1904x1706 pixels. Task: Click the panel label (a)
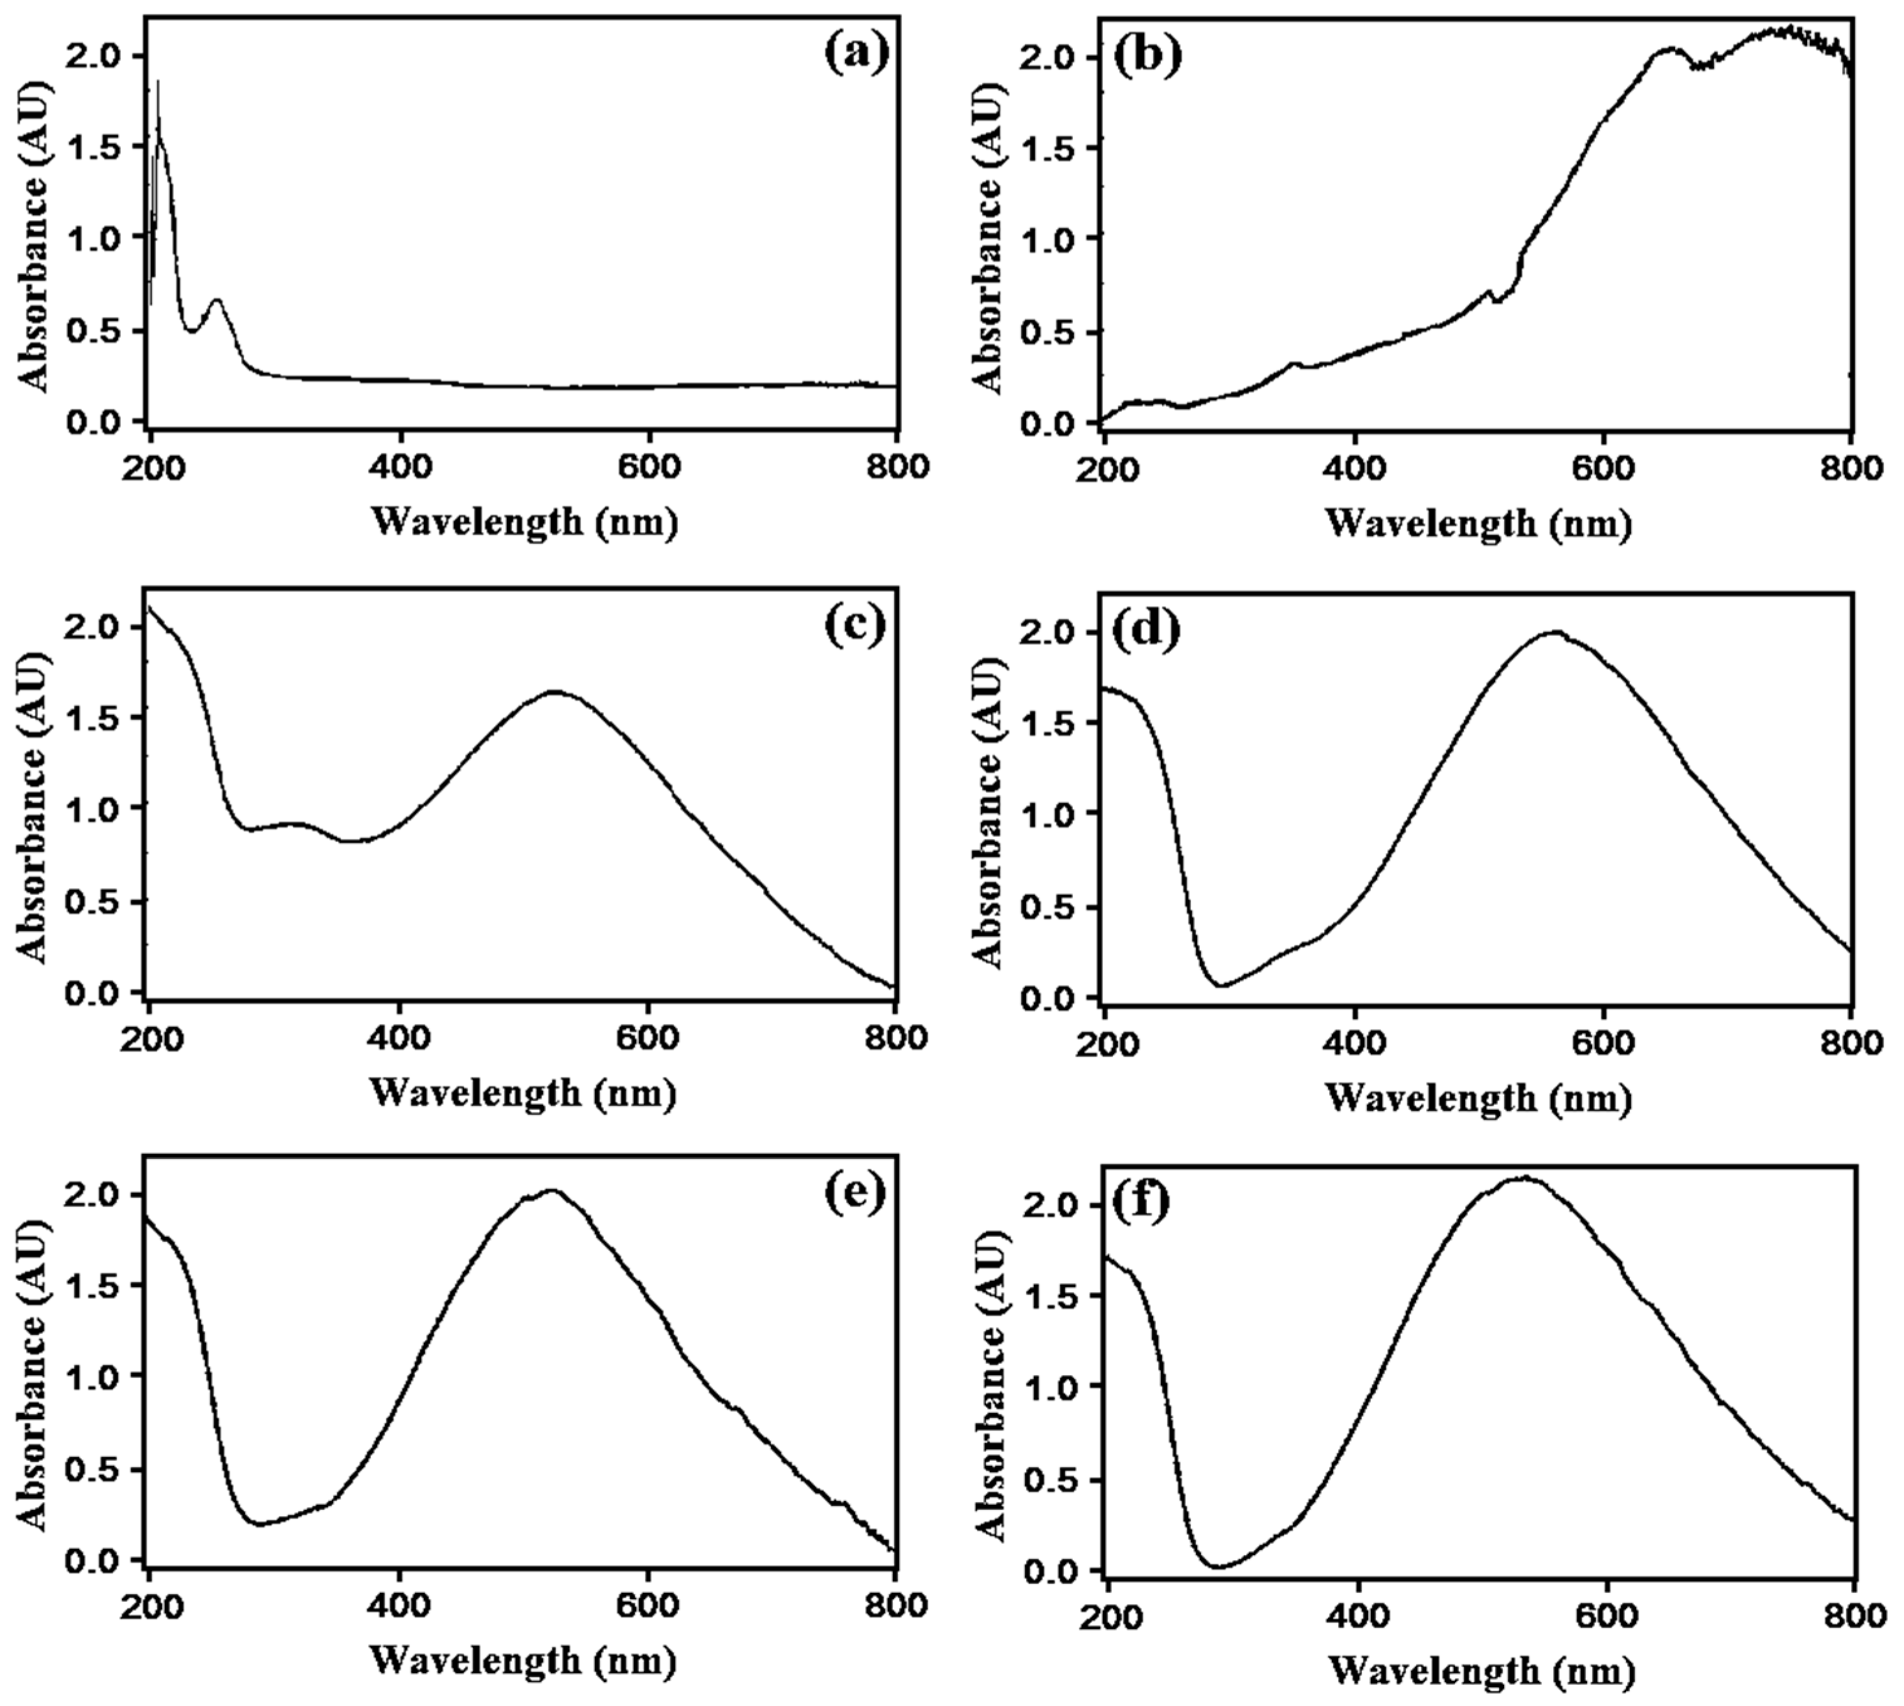856,53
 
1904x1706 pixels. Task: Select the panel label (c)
854,625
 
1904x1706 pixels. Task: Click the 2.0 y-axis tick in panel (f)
1056,1204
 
